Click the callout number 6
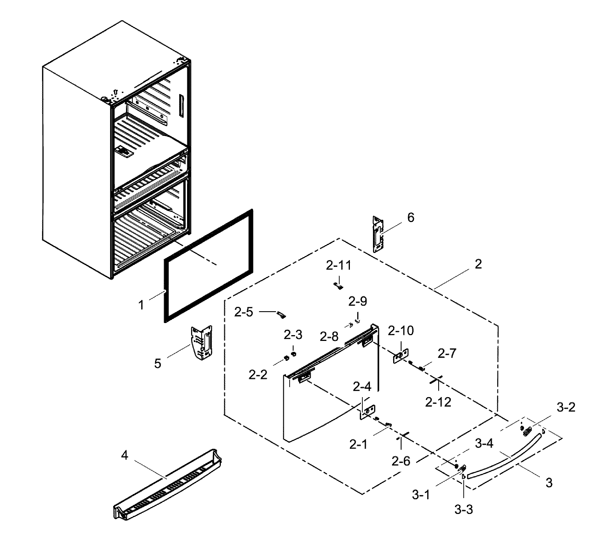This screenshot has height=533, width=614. point(410,218)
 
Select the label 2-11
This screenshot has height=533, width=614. point(338,265)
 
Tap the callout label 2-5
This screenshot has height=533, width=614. point(243,312)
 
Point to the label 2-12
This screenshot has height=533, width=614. point(438,402)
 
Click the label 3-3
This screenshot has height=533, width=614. point(463,510)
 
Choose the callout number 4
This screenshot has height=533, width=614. point(125,455)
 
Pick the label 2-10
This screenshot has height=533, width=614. point(401,331)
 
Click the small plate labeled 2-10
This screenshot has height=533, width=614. point(400,356)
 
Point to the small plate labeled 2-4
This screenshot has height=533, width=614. point(367,412)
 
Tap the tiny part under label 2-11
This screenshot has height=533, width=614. point(338,286)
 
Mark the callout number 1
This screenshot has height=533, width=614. point(141,305)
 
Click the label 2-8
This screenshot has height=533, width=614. point(329,337)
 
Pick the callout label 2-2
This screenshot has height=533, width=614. point(258,375)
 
